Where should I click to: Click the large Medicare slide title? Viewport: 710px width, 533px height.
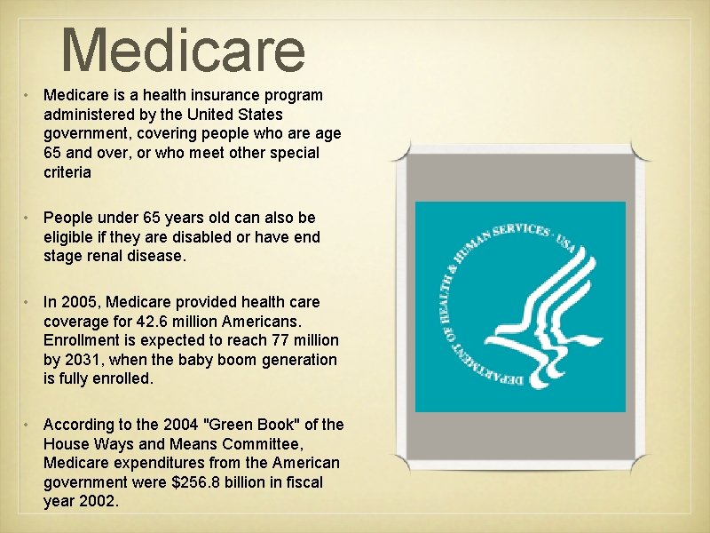pos(184,51)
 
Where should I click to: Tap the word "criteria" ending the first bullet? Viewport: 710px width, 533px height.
pos(67,172)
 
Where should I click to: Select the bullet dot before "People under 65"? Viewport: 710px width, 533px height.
pos(29,218)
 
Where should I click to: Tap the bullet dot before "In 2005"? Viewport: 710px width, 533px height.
pos(29,302)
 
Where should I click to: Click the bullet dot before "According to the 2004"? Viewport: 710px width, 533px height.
pos(29,425)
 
